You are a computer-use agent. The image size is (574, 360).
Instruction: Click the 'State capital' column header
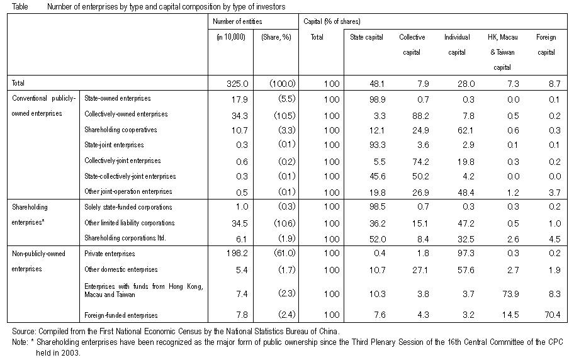point(366,37)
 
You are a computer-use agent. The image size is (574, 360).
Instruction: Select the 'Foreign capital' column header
point(546,45)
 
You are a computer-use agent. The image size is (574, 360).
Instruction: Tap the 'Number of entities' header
point(237,21)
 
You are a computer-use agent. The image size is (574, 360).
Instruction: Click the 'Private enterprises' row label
point(110,254)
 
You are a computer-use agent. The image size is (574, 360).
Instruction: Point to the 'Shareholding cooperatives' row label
point(120,130)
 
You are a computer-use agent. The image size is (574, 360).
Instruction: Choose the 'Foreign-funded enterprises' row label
point(121,315)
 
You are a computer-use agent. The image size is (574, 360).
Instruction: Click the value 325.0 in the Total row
point(237,84)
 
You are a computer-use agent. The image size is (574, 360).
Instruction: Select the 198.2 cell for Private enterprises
point(237,253)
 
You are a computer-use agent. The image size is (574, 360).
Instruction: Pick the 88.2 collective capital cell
point(420,116)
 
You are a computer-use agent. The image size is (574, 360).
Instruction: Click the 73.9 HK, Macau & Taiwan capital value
point(510,294)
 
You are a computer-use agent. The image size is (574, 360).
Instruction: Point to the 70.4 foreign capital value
point(552,315)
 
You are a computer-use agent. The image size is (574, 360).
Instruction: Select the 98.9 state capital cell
point(377,99)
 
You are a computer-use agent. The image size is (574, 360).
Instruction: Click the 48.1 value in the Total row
point(377,84)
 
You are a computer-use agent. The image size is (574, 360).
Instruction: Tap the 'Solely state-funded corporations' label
point(128,207)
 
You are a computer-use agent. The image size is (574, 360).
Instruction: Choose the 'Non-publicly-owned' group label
point(38,254)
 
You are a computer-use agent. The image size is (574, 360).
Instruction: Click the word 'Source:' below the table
point(24,332)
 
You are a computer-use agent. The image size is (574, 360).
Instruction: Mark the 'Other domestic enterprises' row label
point(121,269)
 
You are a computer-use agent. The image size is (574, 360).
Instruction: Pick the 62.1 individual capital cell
point(466,130)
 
